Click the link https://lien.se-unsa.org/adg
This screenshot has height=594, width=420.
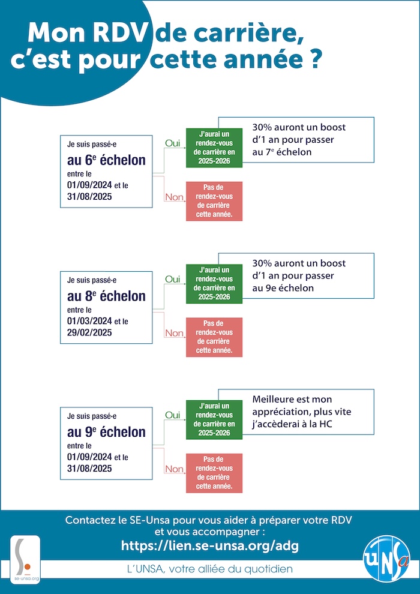pos(209,545)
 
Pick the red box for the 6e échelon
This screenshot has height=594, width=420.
pos(214,201)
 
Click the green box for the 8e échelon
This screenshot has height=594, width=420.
pos(214,284)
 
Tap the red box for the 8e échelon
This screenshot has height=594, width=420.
pos(214,337)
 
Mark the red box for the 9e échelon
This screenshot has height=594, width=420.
pos(214,473)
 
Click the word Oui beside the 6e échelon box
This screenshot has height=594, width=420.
pos(172,143)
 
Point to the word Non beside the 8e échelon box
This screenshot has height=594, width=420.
pos(174,333)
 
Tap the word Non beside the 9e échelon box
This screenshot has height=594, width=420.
pos(174,469)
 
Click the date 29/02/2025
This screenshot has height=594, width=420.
pos(89,332)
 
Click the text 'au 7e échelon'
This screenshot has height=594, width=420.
pos(282,152)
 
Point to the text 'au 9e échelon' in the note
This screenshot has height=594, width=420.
pos(283,288)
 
